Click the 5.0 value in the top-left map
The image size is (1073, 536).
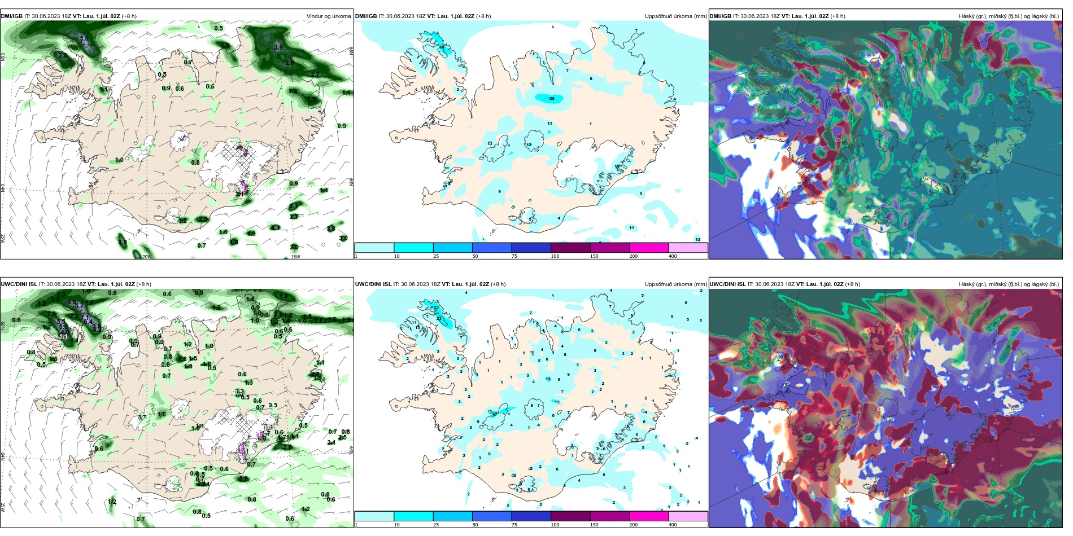pyautogui.click(x=84, y=39)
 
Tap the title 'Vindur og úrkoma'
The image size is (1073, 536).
pyautogui.click(x=328, y=16)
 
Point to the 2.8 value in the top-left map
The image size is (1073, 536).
pyautogui.click(x=62, y=55)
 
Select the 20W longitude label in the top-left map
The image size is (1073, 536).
pyautogui.click(x=146, y=256)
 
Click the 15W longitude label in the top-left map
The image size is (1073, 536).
pyautogui.click(x=295, y=256)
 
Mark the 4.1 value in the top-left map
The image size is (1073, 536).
pyautogui.click(x=240, y=194)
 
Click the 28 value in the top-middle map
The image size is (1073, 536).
pyautogui.click(x=552, y=99)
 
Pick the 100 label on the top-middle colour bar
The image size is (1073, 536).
pyautogui.click(x=555, y=256)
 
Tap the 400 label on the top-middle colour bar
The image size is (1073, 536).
pyautogui.click(x=673, y=256)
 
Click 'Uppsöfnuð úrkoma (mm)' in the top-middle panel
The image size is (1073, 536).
pyautogui.click(x=675, y=16)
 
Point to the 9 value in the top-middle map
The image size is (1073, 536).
pyautogui.click(x=499, y=192)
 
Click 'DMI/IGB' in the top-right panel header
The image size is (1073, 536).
pyautogui.click(x=720, y=16)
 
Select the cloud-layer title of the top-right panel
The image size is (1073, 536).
pyautogui.click(x=1008, y=16)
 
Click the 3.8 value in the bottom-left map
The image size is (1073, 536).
pyautogui.click(x=287, y=447)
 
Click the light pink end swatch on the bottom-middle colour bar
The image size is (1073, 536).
pyautogui.click(x=687, y=516)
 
